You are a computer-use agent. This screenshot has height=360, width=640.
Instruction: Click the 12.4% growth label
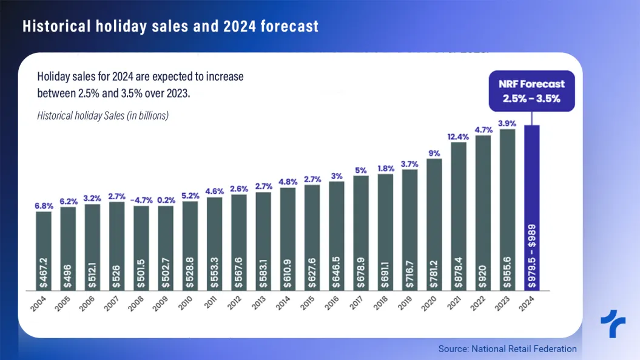click(459, 137)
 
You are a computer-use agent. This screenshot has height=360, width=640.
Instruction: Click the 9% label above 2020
click(434, 154)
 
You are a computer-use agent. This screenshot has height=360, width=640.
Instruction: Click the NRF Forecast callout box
click(531, 91)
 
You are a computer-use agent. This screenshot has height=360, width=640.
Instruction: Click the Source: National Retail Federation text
click(507, 348)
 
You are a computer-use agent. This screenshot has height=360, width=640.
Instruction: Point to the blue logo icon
click(613, 324)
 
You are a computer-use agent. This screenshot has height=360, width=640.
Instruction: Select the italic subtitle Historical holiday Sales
click(103, 115)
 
